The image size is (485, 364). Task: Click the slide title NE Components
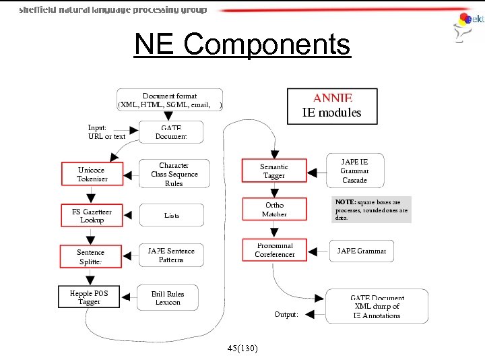click(x=242, y=45)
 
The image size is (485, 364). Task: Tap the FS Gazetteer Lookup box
click(x=92, y=216)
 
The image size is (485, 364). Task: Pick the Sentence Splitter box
click(x=91, y=257)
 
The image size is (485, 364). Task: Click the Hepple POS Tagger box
click(x=89, y=297)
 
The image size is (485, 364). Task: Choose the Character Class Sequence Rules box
click(x=174, y=174)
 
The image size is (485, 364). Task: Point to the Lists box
click(x=172, y=215)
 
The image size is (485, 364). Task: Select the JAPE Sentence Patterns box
click(x=171, y=255)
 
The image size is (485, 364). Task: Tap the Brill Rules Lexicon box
click(x=168, y=298)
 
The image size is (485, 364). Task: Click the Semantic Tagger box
click(x=273, y=171)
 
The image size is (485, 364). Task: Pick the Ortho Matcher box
click(x=273, y=210)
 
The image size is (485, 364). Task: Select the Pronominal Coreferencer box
click(x=274, y=250)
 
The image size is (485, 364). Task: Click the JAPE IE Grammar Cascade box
click(x=354, y=171)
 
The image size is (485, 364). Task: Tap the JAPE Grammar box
click(x=361, y=251)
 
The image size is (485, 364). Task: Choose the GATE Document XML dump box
click(x=377, y=307)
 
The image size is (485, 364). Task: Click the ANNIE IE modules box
click(x=331, y=106)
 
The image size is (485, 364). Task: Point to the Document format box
click(x=170, y=100)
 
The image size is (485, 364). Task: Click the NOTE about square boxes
click(x=371, y=209)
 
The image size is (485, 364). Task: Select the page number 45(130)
click(x=242, y=348)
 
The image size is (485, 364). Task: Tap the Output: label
click(x=286, y=315)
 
